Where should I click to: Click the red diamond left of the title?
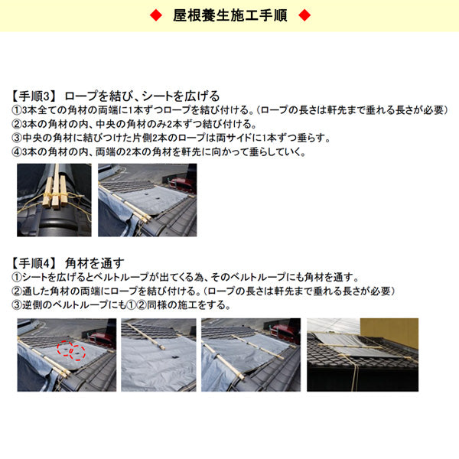pos(155,15)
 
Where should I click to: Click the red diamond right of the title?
pos(304,15)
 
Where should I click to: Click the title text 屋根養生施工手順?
pos(229,15)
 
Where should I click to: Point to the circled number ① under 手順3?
pos(18,110)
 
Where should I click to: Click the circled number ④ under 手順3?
pos(18,151)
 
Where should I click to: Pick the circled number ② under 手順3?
pos(18,124)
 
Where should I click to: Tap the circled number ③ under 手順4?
pos(18,304)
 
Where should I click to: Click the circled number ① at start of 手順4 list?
pos(18,277)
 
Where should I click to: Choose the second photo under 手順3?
pos(145,200)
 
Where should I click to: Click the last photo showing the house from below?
pos(362,355)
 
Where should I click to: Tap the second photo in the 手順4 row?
pos(158,355)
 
